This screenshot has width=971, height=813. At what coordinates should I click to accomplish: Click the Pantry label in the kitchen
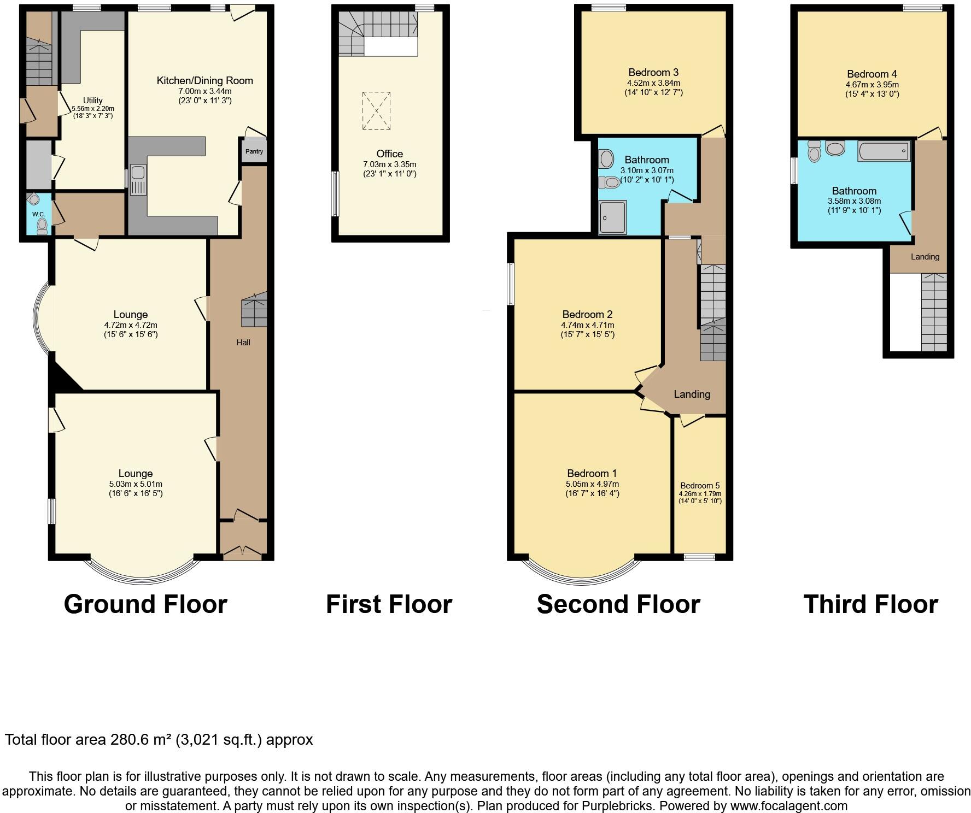pyautogui.click(x=254, y=151)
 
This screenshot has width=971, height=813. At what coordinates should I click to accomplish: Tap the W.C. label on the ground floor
pyautogui.click(x=38, y=214)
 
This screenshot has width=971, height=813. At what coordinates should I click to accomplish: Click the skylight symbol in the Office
pyautogui.click(x=376, y=111)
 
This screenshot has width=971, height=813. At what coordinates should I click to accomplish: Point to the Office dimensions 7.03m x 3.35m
pyautogui.click(x=389, y=164)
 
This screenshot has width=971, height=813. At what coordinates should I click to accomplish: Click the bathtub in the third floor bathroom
pyautogui.click(x=884, y=151)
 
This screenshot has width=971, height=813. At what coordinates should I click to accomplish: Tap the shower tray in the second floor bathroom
pyautogui.click(x=612, y=217)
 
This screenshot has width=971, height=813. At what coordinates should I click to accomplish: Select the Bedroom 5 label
pyautogui.click(x=700, y=486)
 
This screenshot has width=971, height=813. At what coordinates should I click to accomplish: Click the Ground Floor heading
pyautogui.click(x=145, y=604)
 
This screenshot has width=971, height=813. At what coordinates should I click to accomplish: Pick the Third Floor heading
pyautogui.click(x=870, y=604)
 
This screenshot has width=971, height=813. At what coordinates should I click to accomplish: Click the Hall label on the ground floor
pyautogui.click(x=243, y=343)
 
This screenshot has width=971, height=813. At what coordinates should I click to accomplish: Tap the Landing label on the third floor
pyautogui.click(x=925, y=257)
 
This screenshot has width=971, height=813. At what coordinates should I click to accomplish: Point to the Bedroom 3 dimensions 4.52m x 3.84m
pyautogui.click(x=653, y=83)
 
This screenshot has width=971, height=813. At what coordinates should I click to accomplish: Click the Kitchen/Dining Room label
pyautogui.click(x=204, y=81)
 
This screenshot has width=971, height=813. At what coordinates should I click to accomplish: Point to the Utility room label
pyautogui.click(x=92, y=101)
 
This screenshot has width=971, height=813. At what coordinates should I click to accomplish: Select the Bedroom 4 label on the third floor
pyautogui.click(x=871, y=74)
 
